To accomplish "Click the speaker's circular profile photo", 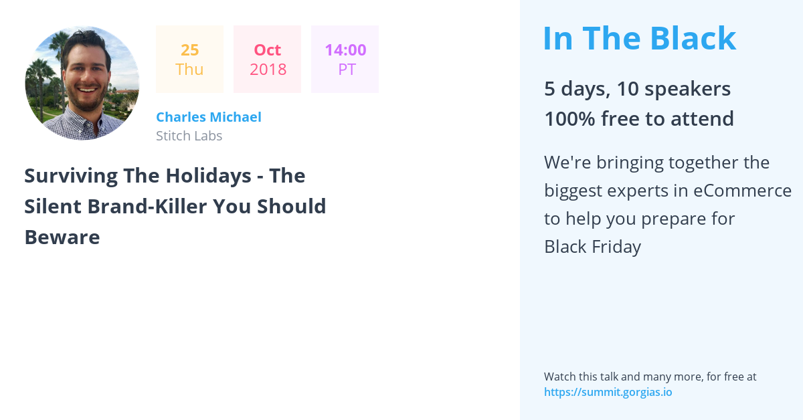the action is coord(82,83).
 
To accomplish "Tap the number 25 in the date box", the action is coord(189,50).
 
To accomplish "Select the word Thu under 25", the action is coord(189,69).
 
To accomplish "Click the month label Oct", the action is coord(268,50).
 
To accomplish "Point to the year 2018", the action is coord(268,70).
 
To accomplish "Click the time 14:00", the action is coord(345,50).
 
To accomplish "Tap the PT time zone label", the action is coord(347,70).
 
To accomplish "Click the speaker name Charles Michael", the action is coord(209,117).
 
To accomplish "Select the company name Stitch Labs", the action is coord(189,136).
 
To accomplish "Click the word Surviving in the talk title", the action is coord(71,177).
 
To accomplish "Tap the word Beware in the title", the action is coord(62,237).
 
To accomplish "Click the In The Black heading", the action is coord(640,38).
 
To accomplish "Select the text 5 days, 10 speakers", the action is coord(637,88).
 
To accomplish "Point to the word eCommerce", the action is coord(742,191).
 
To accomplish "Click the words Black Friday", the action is coord(593,247).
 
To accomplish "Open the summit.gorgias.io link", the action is coord(608,392).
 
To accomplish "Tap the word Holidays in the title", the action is coord(208,176).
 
